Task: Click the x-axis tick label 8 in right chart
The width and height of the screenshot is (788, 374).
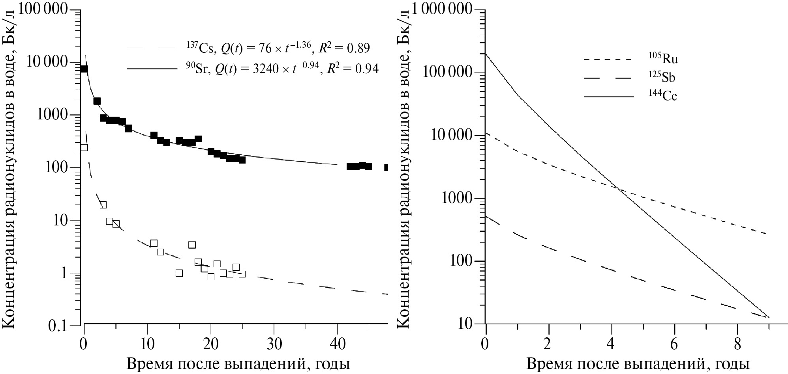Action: pos(737,344)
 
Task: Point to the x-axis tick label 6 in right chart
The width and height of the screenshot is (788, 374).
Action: pos(674,344)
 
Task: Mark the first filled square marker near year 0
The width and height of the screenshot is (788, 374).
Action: pos(84,69)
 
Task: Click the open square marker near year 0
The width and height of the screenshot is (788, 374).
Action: pos(84,147)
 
